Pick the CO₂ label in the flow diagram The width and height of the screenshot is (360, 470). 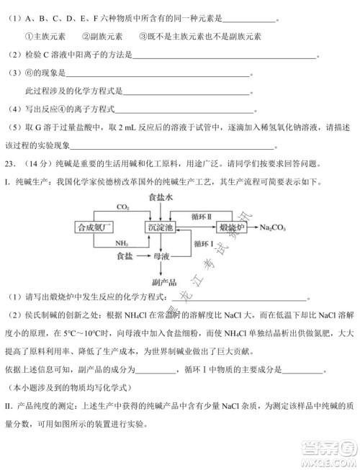[x=122, y=207]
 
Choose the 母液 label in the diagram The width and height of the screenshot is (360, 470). [x=161, y=256]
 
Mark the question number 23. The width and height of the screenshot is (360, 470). [x=10, y=163]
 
